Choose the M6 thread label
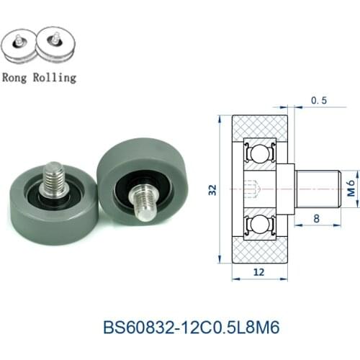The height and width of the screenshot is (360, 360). [349, 189]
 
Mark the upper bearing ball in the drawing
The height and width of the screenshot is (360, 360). [258, 154]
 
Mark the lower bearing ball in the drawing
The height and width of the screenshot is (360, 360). [258, 224]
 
